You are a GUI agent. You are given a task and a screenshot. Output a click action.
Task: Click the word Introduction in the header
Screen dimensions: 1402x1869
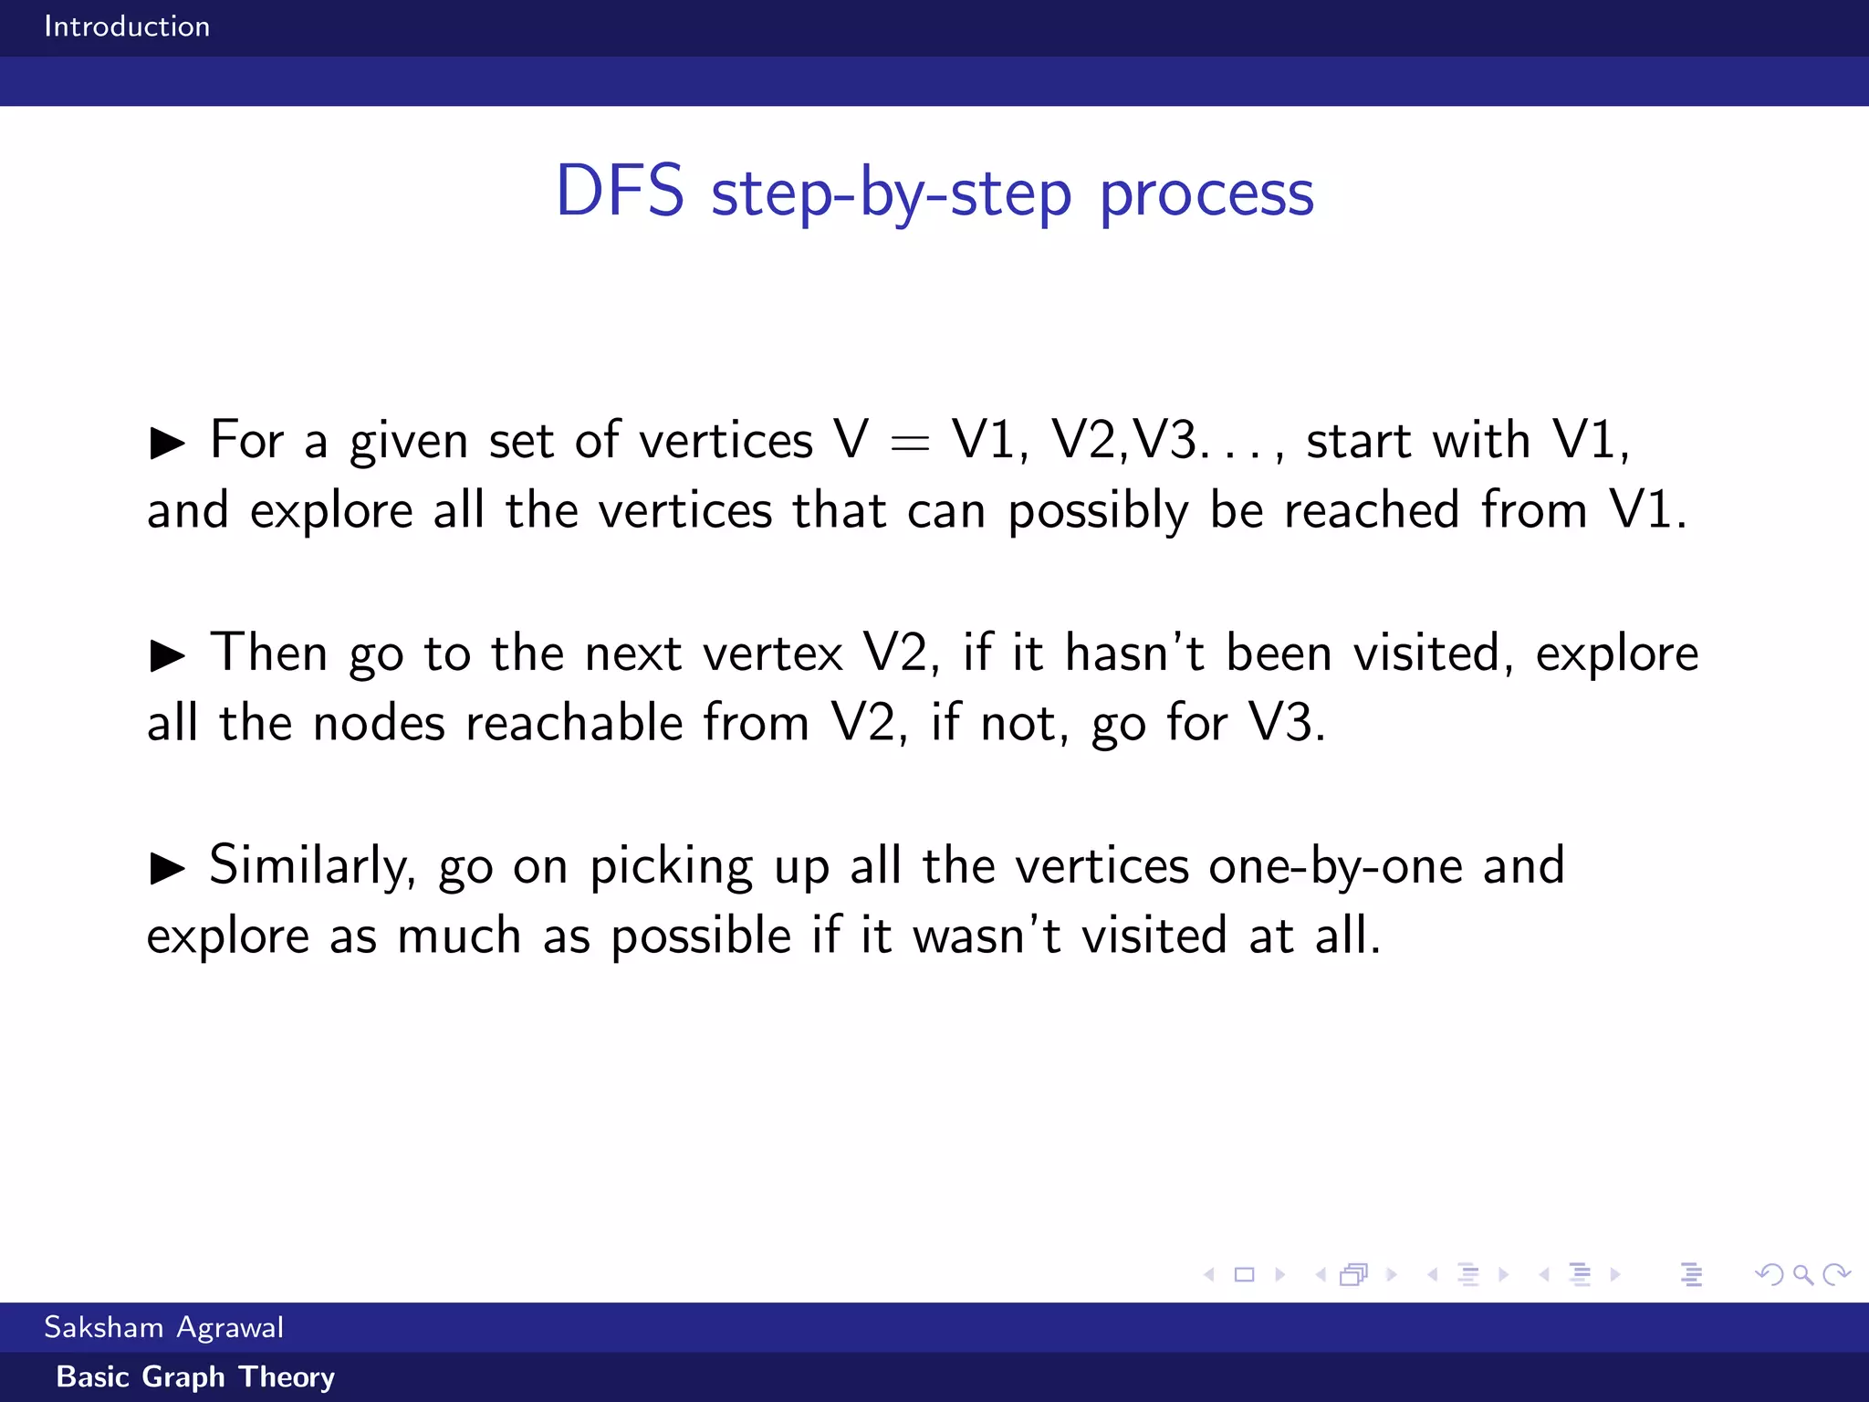pyautogui.click(x=127, y=26)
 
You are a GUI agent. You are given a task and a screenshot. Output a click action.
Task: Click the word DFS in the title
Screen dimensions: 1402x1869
pyautogui.click(x=620, y=192)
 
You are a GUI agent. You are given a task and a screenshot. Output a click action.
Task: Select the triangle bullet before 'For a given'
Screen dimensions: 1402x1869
pyautogui.click(x=167, y=443)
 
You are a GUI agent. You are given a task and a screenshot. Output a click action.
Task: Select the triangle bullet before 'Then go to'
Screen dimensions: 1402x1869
pyautogui.click(x=167, y=655)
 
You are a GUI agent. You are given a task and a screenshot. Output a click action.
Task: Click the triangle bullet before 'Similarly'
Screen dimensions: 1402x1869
pyautogui.click(x=167, y=868)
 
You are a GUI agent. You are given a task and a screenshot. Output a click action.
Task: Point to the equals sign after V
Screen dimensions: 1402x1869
pyautogui.click(x=909, y=443)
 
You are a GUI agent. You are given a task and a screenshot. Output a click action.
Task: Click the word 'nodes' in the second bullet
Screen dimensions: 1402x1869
pyautogui.click(x=379, y=724)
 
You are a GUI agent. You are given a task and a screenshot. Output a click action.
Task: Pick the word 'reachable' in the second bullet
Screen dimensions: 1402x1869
pyautogui.click(x=574, y=724)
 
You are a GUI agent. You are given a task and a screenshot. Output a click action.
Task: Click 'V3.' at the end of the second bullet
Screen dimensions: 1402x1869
pyautogui.click(x=1287, y=724)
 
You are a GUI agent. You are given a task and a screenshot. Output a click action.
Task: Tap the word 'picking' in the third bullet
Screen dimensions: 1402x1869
pyautogui.click(x=671, y=866)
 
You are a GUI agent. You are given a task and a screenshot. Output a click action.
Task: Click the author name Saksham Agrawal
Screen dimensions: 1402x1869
pyautogui.click(x=163, y=1327)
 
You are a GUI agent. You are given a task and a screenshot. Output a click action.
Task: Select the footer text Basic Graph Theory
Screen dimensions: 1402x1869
pyautogui.click(x=195, y=1376)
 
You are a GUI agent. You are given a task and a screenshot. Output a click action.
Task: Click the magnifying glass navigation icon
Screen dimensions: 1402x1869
pyautogui.click(x=1802, y=1274)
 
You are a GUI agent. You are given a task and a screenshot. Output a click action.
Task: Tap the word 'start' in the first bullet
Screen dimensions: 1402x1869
pyautogui.click(x=1358, y=441)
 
